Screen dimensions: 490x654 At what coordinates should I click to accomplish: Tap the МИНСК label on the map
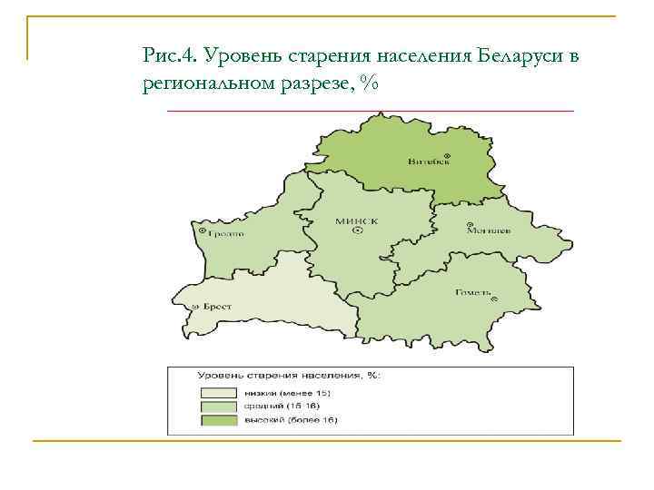click(x=356, y=220)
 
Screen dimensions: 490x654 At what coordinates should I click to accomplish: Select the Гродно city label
click(x=227, y=233)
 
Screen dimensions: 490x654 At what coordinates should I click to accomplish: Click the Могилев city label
click(x=488, y=230)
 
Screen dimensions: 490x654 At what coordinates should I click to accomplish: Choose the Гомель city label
click(x=472, y=292)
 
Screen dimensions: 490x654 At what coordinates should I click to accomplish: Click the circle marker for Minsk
click(x=357, y=231)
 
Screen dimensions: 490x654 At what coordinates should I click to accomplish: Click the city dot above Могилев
click(x=469, y=224)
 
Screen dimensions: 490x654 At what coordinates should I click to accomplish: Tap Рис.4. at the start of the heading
click(x=170, y=57)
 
